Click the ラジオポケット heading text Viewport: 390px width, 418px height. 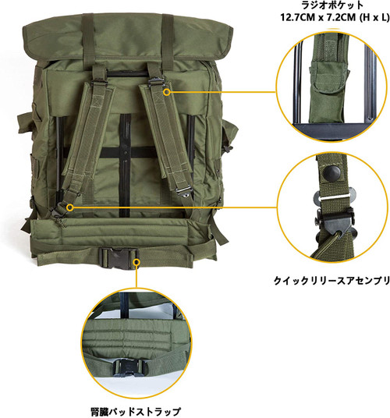(x=322, y=7)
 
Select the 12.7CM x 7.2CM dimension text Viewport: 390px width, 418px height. (x=322, y=20)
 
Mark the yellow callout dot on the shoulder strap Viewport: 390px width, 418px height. (x=166, y=91)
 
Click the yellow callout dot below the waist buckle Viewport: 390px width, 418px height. (x=136, y=263)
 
